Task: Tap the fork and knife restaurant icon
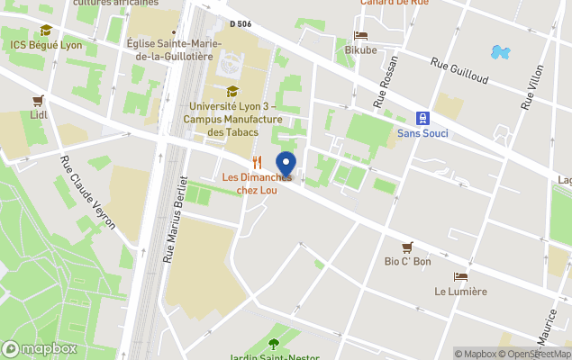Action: (257, 163)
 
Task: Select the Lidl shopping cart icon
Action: (38, 101)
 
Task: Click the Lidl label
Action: (38, 115)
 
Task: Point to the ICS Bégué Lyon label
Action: (45, 44)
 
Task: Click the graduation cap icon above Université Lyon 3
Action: (232, 91)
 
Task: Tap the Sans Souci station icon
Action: (421, 118)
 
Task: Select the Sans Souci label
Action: (422, 134)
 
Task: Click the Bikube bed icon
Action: (360, 36)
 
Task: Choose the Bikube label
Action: (360, 50)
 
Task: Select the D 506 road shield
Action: (240, 24)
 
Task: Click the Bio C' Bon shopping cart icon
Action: (407, 247)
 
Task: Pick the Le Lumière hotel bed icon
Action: (460, 276)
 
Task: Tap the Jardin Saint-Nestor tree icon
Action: (274, 343)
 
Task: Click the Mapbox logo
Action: (40, 348)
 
